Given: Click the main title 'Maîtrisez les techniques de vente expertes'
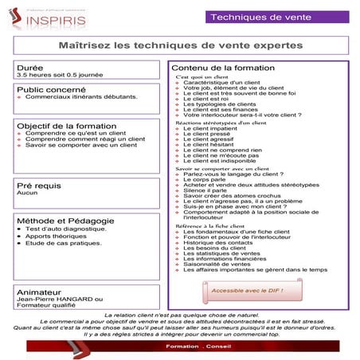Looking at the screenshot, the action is (180, 46).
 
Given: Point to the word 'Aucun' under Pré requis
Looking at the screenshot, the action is (27, 193).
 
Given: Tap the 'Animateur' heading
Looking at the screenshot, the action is (41, 292).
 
